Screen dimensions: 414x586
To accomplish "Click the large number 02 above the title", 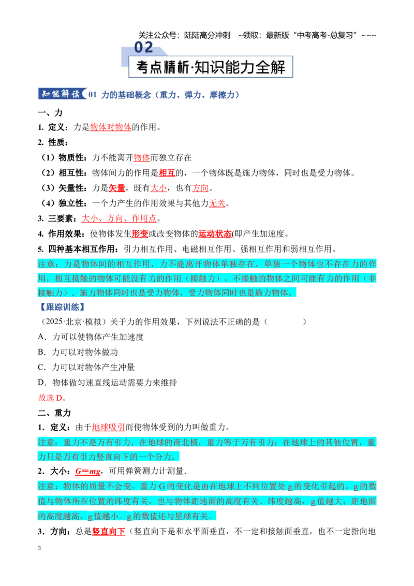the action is pyautogui.click(x=143, y=48).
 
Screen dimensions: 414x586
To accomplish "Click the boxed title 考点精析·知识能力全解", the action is pyautogui.click(x=211, y=67).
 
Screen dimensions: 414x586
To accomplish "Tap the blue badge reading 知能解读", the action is pyautogui.click(x=62, y=94).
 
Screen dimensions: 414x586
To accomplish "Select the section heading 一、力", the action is pyautogui.click(x=50, y=112).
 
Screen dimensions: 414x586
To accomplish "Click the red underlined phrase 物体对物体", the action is pyautogui.click(x=111, y=127).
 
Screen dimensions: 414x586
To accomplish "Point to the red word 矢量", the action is pyautogui.click(x=116, y=188).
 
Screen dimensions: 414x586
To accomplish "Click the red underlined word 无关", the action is pyautogui.click(x=217, y=203).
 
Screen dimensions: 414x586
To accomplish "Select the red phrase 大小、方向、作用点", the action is pyautogui.click(x=119, y=218).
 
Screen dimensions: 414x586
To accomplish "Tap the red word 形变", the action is pyautogui.click(x=140, y=234).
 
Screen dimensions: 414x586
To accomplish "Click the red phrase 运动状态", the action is pyautogui.click(x=215, y=234).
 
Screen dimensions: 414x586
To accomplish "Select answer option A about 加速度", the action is pyautogui.click(x=91, y=336).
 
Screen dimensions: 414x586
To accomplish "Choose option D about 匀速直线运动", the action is pyautogui.click(x=108, y=383).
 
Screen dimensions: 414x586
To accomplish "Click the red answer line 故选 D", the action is pyautogui.click(x=53, y=398).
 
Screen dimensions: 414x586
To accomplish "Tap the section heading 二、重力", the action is pyautogui.click(x=54, y=413).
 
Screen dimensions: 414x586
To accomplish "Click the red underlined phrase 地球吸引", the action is pyautogui.click(x=108, y=427).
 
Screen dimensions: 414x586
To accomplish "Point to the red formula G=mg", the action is pyautogui.click(x=88, y=471).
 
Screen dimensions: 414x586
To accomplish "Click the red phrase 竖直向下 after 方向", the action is pyautogui.click(x=108, y=532).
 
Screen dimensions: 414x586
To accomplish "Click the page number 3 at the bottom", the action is pyautogui.click(x=39, y=548).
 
